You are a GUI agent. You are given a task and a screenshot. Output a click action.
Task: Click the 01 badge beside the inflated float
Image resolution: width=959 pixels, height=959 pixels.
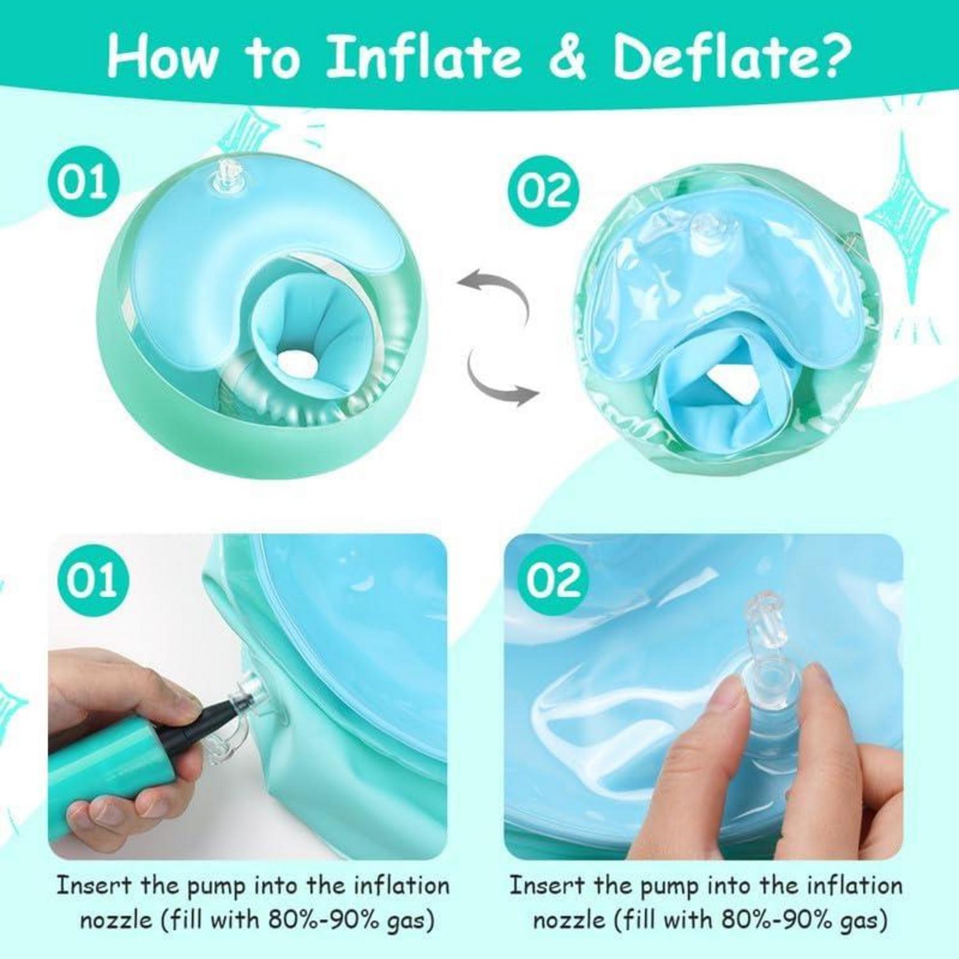tap(84, 182)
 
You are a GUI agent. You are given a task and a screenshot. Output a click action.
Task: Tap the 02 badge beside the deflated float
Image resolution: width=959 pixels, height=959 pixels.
tap(544, 190)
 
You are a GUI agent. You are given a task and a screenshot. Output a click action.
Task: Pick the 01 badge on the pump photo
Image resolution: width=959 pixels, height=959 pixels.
tap(93, 579)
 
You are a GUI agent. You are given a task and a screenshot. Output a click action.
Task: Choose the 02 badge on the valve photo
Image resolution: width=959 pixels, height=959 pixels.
tap(554, 579)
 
